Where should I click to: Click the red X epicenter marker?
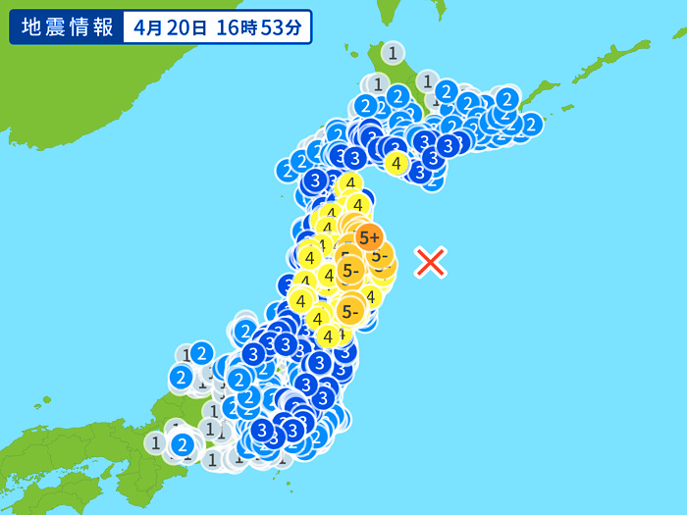click(x=431, y=262)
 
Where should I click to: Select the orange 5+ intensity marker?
click(x=369, y=236)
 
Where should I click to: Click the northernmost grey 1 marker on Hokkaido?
click(x=393, y=53)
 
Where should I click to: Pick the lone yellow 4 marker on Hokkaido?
click(x=396, y=164)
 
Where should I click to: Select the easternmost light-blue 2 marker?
click(x=531, y=124)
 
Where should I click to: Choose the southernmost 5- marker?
click(x=350, y=312)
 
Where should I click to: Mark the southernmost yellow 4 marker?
click(x=328, y=336)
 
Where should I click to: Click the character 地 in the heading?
click(x=30, y=26)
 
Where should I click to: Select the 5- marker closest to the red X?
click(x=381, y=256)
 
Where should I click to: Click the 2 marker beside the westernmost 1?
click(x=182, y=444)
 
